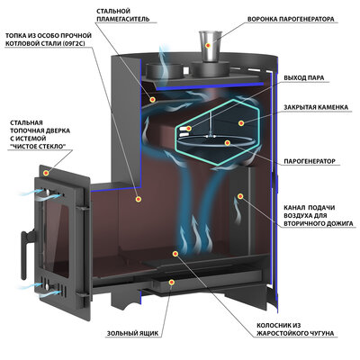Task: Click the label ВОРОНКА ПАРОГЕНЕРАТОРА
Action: coord(291,19)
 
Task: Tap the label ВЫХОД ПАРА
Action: coord(304,78)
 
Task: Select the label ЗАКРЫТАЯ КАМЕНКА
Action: coord(316,107)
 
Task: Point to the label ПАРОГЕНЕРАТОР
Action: coord(310,161)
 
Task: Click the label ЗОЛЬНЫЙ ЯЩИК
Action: coord(132,333)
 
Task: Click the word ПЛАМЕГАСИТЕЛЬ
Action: coord(123,19)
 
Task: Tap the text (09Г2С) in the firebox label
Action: coord(74,43)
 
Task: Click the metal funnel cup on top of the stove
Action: coord(209,46)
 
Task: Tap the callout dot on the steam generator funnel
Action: coord(208,45)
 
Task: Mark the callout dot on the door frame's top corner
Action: coord(46,173)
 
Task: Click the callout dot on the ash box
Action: coord(172,283)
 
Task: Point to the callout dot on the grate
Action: coord(175,254)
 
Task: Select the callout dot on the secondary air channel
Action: coord(240,196)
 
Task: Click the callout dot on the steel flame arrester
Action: coord(153,99)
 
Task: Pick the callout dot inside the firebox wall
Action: coord(138,199)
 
